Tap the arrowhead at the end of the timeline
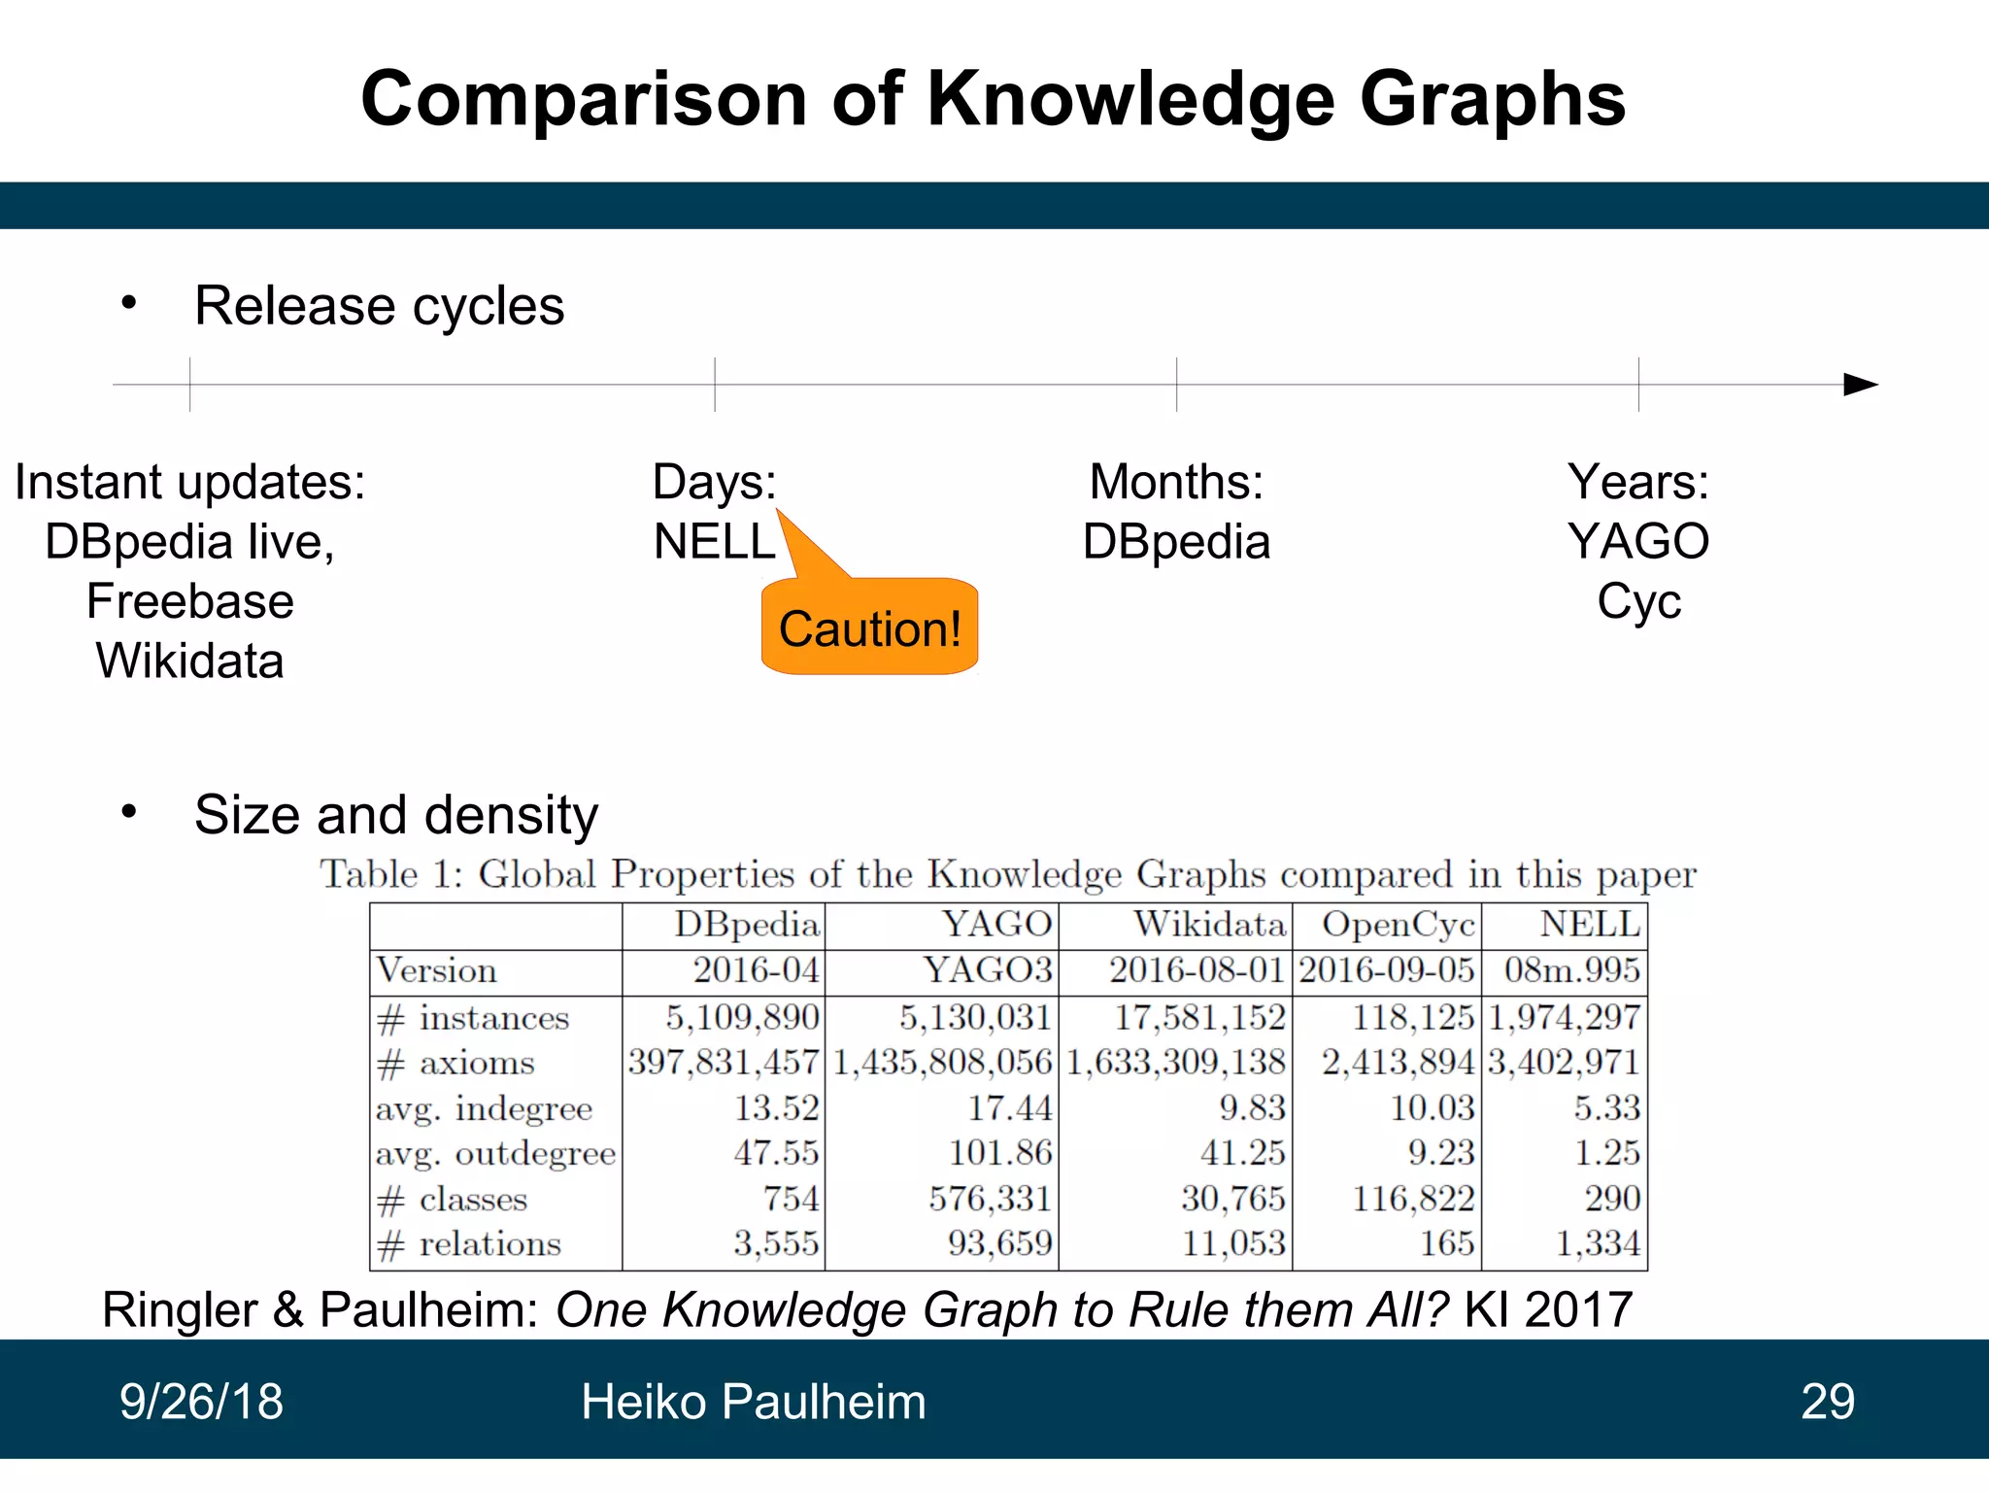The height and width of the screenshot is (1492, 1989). pyautogui.click(x=1860, y=385)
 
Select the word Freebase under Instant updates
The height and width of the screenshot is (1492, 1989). pyautogui.click(x=190, y=601)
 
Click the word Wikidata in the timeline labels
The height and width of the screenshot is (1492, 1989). pyautogui.click(x=190, y=661)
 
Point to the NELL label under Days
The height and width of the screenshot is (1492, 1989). pyautogui.click(x=715, y=542)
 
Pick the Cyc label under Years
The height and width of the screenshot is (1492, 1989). pyautogui.click(x=1638, y=601)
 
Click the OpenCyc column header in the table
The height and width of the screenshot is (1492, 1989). pyautogui.click(x=1398, y=925)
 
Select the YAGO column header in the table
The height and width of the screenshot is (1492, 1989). pyautogui.click(x=997, y=925)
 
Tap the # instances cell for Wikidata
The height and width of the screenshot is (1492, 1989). pyautogui.click(x=1199, y=1017)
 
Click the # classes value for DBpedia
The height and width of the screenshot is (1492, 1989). pyautogui.click(x=791, y=1199)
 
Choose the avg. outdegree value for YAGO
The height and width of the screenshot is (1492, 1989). pyautogui.click(x=1000, y=1153)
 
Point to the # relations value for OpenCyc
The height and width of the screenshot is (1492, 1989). pyautogui.click(x=1447, y=1244)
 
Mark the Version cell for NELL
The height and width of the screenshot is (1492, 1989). pyautogui.click(x=1571, y=970)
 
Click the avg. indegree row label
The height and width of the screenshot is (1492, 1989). pyautogui.click(x=484, y=1108)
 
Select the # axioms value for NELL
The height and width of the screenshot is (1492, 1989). pyautogui.click(x=1564, y=1063)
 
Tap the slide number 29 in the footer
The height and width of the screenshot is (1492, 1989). pyautogui.click(x=1827, y=1402)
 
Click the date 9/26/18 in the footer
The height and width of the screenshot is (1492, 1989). pyautogui.click(x=201, y=1402)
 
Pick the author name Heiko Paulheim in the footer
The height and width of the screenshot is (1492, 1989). pyautogui.click(x=753, y=1402)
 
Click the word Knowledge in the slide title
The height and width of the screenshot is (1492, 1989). pyautogui.click(x=1130, y=100)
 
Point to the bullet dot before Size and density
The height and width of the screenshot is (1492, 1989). pyautogui.click(x=129, y=811)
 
